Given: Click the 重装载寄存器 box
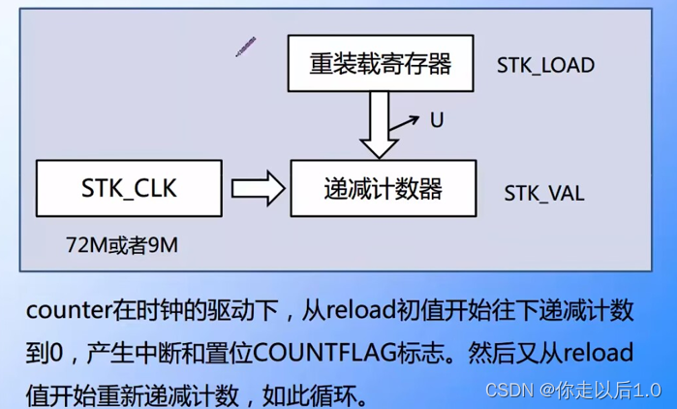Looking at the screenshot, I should pyautogui.click(x=381, y=64).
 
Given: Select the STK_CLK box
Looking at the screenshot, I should pyautogui.click(x=130, y=188).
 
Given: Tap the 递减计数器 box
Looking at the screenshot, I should pyautogui.click(x=384, y=188).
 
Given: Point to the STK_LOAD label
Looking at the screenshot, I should pyautogui.click(x=545, y=66).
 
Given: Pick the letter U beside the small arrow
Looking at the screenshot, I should pyautogui.click(x=437, y=120).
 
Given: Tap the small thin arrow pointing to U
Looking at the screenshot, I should pyautogui.click(x=405, y=124).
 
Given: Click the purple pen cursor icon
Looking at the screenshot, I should pyautogui.click(x=245, y=46).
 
